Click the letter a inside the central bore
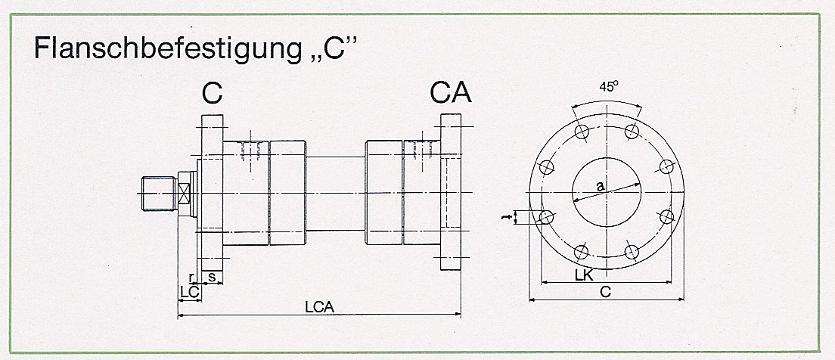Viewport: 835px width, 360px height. click(600, 185)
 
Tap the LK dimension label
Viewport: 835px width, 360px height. click(582, 278)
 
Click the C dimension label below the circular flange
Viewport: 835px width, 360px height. click(605, 291)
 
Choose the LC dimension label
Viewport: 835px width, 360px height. click(188, 291)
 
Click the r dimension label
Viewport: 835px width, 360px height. click(192, 278)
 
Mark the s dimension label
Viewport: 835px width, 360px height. click(212, 278)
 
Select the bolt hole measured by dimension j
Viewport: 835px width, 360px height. click(547, 219)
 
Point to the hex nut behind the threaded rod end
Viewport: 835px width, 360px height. click(185, 194)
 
